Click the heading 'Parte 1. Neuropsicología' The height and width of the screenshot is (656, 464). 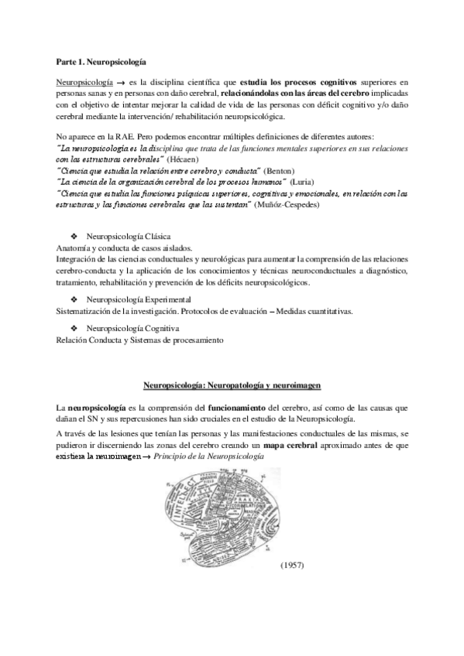(101, 60)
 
